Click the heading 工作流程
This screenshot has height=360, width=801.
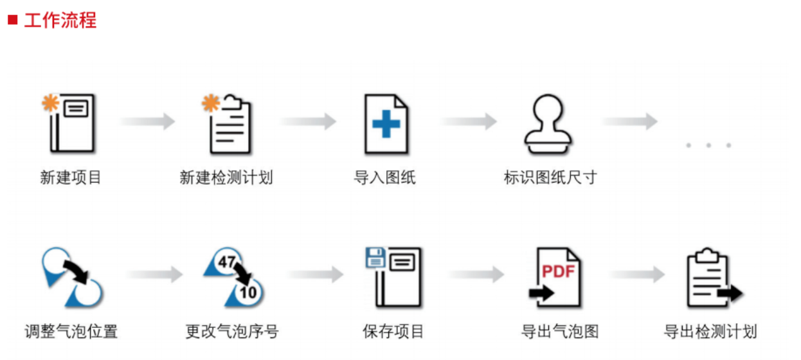coord(60,20)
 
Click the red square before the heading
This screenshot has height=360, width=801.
coord(12,20)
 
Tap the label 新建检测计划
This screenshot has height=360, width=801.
coord(226,177)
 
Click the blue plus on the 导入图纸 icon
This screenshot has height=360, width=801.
coord(386,124)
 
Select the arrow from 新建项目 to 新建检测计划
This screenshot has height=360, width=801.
coord(148,121)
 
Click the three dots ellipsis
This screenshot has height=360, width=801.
coord(708,145)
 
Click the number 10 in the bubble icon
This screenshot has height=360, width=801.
coord(248,292)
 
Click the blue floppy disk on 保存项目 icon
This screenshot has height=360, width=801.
coord(375,258)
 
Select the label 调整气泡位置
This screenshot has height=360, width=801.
coord(71,332)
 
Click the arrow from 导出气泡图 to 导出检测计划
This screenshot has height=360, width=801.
coord(637,275)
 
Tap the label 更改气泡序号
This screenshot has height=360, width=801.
coord(232,332)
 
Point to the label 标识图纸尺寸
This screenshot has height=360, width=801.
coord(550,177)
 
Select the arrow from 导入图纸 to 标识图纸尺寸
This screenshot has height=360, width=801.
coord(469,121)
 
